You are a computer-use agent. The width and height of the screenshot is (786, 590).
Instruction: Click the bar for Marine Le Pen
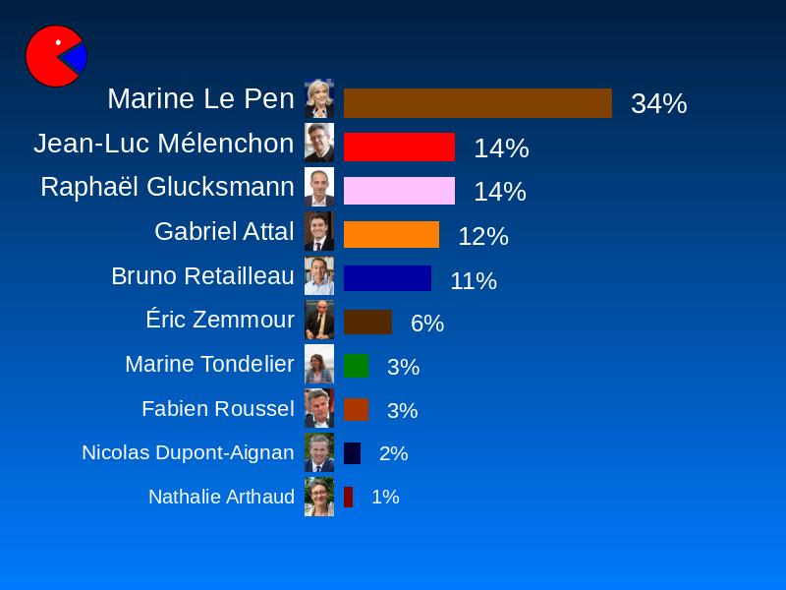point(477,103)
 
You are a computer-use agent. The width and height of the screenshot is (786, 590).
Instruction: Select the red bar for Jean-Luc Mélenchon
point(399,147)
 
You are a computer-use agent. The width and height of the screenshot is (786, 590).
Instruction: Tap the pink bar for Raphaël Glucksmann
point(399,191)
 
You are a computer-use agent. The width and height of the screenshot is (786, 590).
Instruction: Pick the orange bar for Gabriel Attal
point(391,235)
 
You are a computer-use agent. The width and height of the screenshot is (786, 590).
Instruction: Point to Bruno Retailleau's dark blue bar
point(387,278)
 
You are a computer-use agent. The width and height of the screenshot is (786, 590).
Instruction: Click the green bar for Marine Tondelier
point(356,366)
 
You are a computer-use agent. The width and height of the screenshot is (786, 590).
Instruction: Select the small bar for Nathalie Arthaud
point(348,497)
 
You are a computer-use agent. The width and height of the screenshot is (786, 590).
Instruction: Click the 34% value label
point(658,104)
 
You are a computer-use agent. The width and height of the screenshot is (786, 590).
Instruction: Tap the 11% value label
point(473,281)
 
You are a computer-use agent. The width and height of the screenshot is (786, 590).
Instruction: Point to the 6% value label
point(426,324)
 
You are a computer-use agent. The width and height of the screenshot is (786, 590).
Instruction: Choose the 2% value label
point(393,453)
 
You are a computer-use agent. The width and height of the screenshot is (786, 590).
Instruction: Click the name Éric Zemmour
point(220,320)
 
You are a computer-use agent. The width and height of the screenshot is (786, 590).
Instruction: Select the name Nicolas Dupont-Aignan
point(188,452)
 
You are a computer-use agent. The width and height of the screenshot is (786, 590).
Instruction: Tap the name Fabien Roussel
point(217,408)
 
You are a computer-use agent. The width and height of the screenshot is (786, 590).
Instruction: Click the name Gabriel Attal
point(224,231)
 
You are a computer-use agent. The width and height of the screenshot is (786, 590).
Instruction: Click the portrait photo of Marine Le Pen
point(319,98)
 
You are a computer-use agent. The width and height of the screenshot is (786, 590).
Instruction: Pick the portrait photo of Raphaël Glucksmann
point(319,187)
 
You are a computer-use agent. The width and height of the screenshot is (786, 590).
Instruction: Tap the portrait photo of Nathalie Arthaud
point(319,497)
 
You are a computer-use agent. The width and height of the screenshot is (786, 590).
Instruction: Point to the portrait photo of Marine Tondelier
point(319,364)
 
